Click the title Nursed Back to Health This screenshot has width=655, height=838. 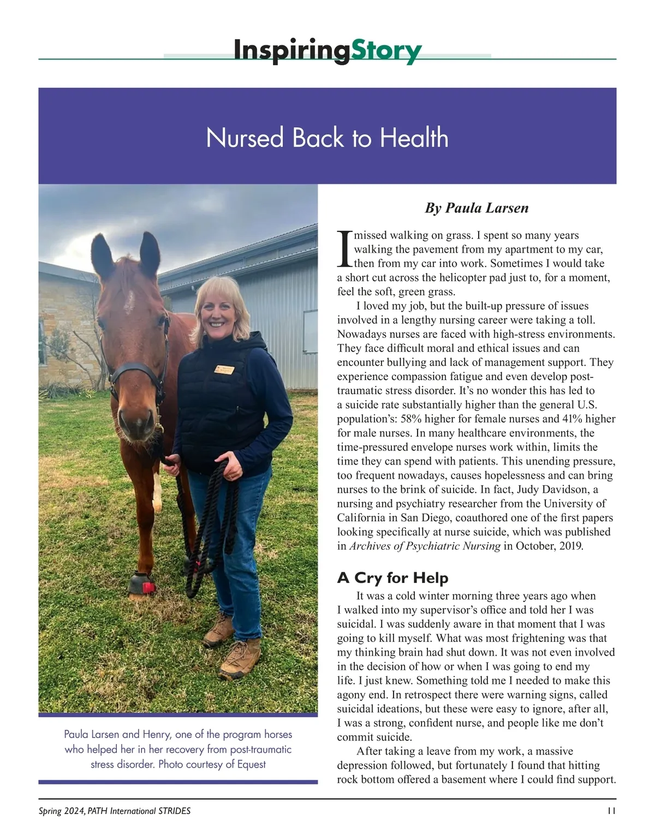[327, 138]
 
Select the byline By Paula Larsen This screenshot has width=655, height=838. [477, 208]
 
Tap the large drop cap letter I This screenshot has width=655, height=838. [344, 249]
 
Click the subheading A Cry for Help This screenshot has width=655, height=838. [392, 578]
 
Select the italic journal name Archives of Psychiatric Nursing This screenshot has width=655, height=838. [425, 546]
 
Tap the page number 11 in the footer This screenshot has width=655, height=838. [611, 811]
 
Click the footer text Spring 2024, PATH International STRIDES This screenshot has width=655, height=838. [115, 811]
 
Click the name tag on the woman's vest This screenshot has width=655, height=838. [224, 370]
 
